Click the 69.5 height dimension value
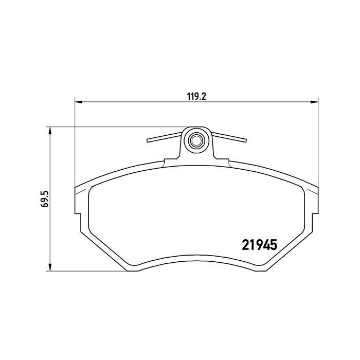(x=45, y=199)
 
